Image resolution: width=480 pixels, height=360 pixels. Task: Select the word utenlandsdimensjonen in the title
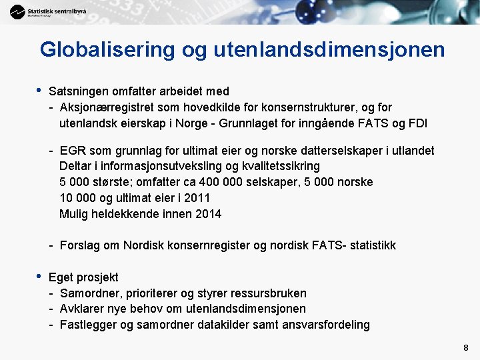(330, 49)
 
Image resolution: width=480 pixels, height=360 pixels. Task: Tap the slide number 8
(465, 348)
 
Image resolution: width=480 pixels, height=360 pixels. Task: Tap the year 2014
(208, 214)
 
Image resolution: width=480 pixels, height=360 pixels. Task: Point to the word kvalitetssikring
(278, 166)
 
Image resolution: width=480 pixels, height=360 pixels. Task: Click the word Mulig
(73, 214)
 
